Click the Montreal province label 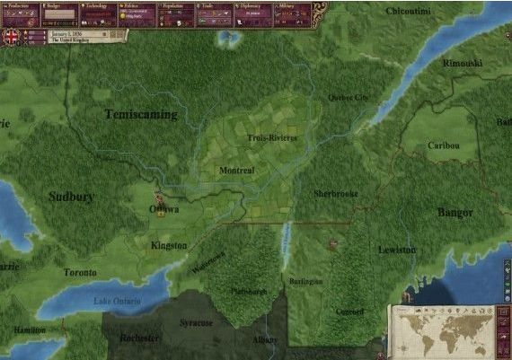[236, 170]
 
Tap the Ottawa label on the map [164, 209]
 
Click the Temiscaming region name [141, 115]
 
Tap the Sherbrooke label [336, 193]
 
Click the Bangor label [454, 213]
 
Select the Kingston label [169, 245]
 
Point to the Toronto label [81, 271]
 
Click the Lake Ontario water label [118, 301]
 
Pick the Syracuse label [194, 321]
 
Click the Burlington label [305, 281]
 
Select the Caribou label [443, 145]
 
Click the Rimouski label [463, 64]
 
